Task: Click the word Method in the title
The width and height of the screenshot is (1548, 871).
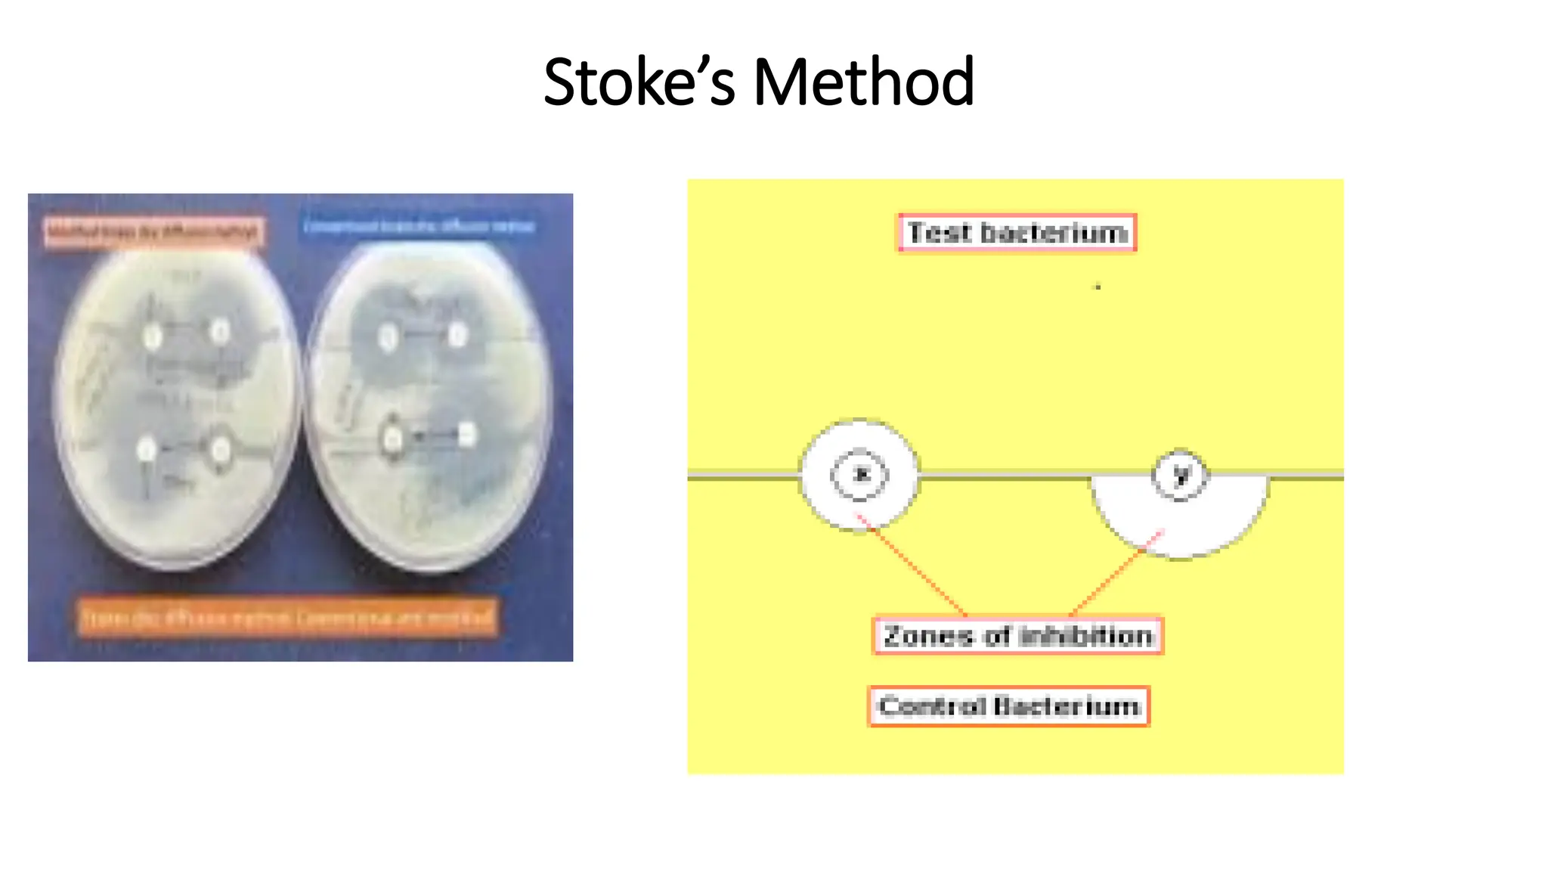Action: pyautogui.click(x=864, y=82)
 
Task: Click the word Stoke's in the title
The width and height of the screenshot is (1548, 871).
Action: pyautogui.click(x=639, y=82)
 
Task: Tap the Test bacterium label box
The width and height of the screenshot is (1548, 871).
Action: pyautogui.click(x=1017, y=232)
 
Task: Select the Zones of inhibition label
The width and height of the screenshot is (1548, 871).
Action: pyautogui.click(x=1017, y=636)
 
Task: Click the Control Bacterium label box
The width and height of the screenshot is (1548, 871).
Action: pyautogui.click(x=1009, y=706)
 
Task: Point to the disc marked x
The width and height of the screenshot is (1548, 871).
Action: pyautogui.click(x=859, y=475)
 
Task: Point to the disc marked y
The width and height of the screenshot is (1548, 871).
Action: pyautogui.click(x=1180, y=475)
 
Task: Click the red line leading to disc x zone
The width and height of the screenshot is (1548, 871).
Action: pyautogui.click(x=915, y=567)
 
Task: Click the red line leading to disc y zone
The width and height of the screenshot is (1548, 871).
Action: pyautogui.click(x=1115, y=575)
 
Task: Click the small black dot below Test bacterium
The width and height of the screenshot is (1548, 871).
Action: pyautogui.click(x=1098, y=287)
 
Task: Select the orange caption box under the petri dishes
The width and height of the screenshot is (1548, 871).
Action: pyautogui.click(x=287, y=618)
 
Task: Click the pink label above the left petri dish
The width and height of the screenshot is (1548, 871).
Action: pyautogui.click(x=153, y=231)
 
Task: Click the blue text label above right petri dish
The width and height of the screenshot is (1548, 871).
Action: pyautogui.click(x=418, y=226)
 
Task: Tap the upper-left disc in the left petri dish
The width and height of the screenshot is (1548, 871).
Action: pyautogui.click(x=152, y=336)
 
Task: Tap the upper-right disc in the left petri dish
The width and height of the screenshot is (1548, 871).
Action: pyautogui.click(x=220, y=331)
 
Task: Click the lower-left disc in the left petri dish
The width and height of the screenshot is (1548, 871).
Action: pyautogui.click(x=146, y=451)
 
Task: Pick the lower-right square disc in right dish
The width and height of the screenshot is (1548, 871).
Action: pyautogui.click(x=467, y=435)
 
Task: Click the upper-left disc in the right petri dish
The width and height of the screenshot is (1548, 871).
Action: pyautogui.click(x=389, y=337)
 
